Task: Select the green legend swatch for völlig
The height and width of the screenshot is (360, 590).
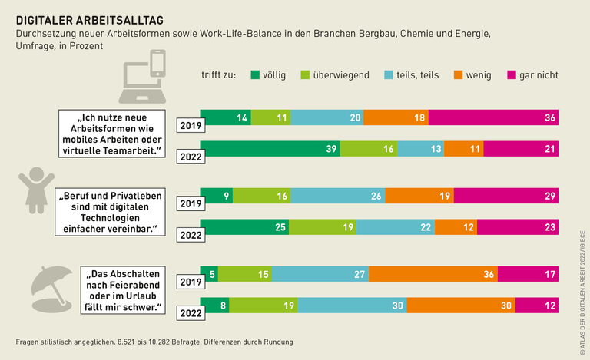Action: coord(254,74)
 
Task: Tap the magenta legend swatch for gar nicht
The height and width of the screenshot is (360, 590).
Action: coord(512,74)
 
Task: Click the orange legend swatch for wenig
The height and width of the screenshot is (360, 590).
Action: coord(458,74)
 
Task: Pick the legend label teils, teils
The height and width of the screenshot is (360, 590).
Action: coord(423,74)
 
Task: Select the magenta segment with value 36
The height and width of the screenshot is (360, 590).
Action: coord(493,117)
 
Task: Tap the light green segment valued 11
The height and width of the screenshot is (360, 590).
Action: coord(270,117)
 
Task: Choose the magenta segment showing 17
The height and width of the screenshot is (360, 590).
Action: coord(528,274)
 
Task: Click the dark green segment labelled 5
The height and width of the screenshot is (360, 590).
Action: coord(209,274)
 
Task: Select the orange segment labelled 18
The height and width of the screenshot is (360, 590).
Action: coord(396,117)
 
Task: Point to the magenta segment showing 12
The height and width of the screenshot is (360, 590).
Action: coord(536,305)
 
